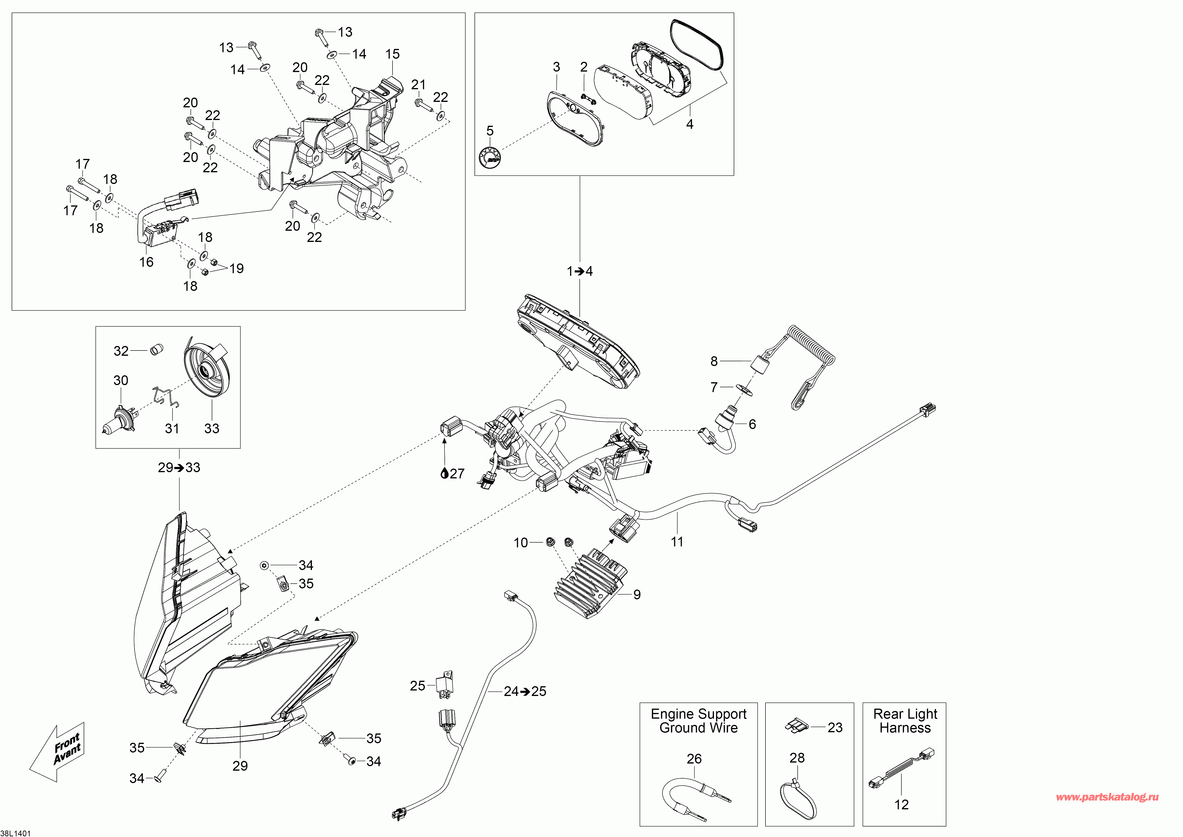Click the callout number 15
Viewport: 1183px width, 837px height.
coord(393,54)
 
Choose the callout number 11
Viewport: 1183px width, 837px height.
coord(677,542)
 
